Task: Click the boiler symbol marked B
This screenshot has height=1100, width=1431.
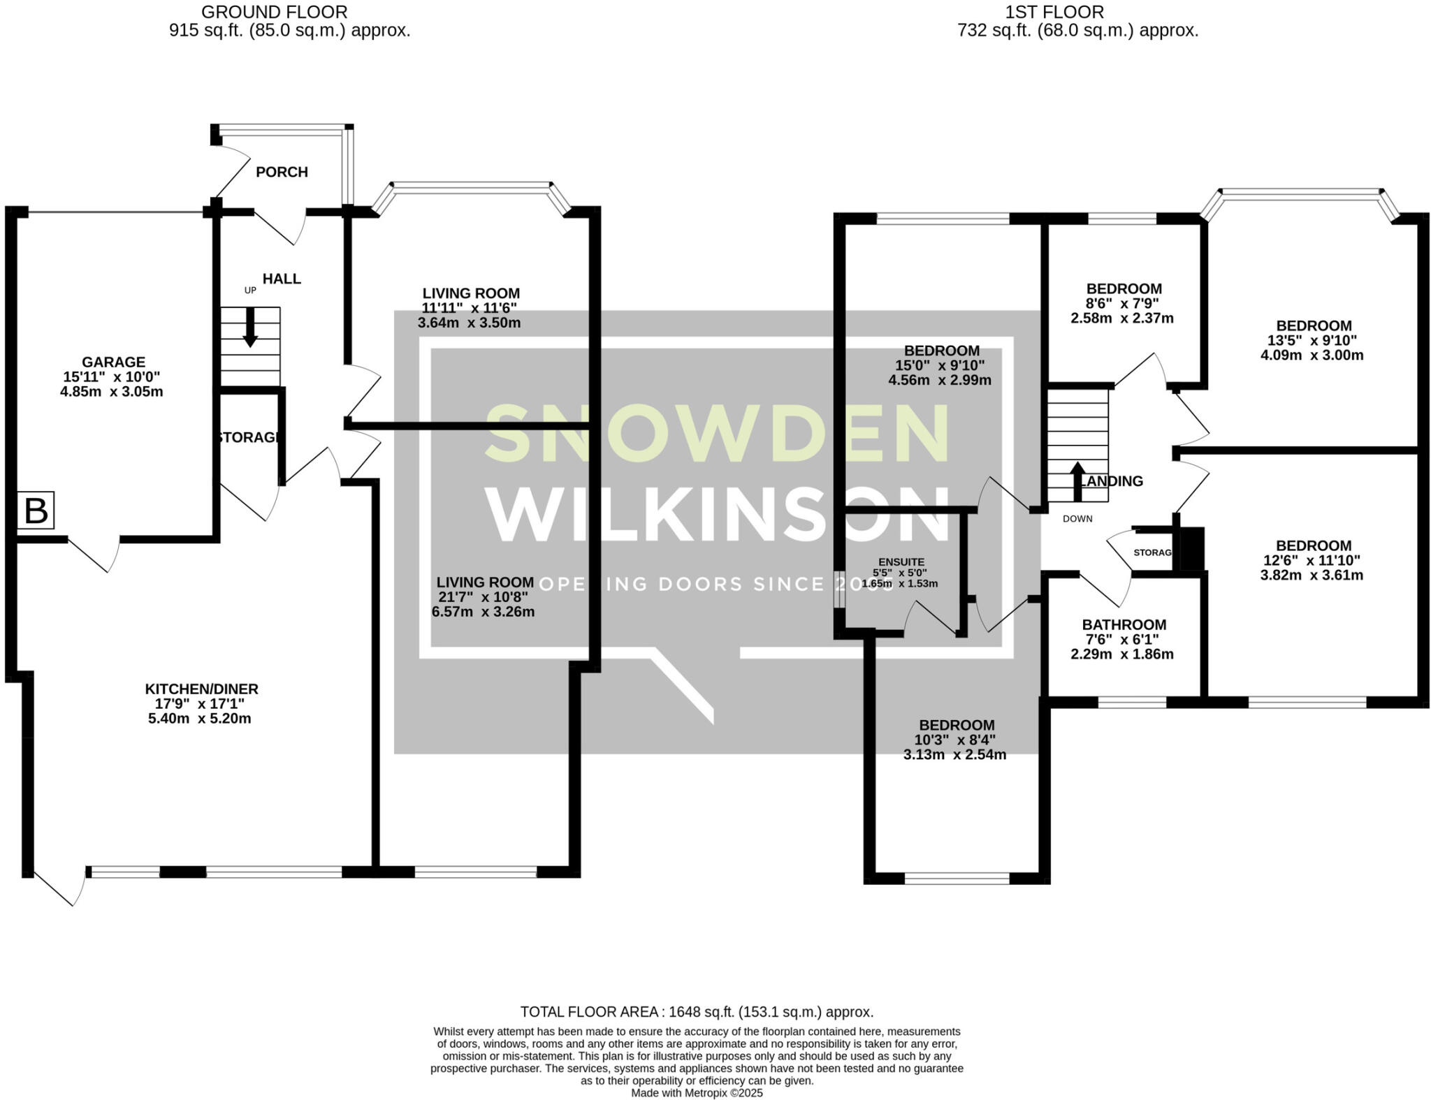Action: pyautogui.click(x=36, y=511)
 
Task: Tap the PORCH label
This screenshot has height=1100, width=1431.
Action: pyautogui.click(x=282, y=172)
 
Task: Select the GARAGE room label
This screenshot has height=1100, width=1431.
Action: pyautogui.click(x=113, y=362)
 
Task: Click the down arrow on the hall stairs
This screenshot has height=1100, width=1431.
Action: pyautogui.click(x=249, y=328)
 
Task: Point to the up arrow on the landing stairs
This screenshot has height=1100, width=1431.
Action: pyautogui.click(x=1077, y=481)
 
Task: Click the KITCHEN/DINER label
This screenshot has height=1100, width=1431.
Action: pyautogui.click(x=201, y=689)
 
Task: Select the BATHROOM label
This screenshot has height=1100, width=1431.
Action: pyautogui.click(x=1124, y=625)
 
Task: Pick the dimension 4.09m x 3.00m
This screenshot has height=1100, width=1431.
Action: pyautogui.click(x=1312, y=355)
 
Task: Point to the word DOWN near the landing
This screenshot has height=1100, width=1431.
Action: pyautogui.click(x=1077, y=519)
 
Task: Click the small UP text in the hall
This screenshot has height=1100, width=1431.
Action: pyautogui.click(x=250, y=291)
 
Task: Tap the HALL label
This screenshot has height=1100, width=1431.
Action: pyautogui.click(x=282, y=279)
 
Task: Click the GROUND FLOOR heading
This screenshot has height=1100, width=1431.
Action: pyautogui.click(x=274, y=12)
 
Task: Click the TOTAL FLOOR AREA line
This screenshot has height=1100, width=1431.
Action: pyautogui.click(x=697, y=1012)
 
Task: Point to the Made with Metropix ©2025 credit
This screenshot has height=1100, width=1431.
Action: pyautogui.click(x=697, y=1093)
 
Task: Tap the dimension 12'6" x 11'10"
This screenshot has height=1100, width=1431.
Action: pyautogui.click(x=1313, y=561)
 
